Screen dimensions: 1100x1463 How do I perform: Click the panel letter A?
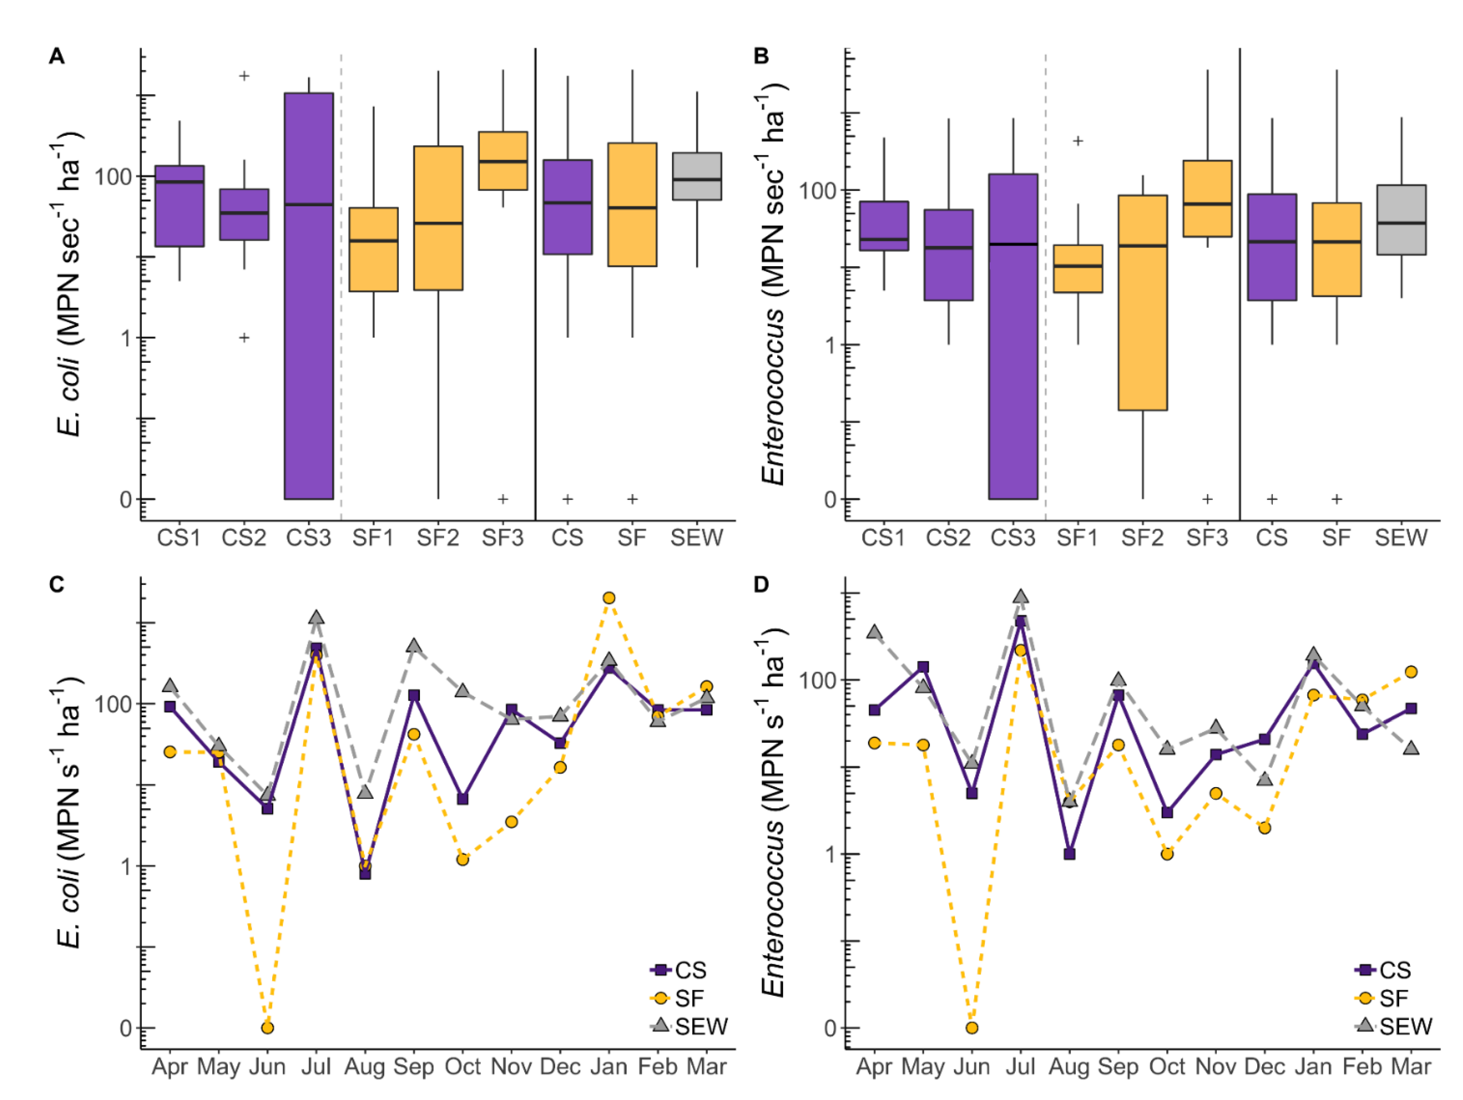[x=57, y=56]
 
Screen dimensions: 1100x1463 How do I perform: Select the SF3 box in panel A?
[x=503, y=161]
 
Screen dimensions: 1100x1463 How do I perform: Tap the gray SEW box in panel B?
[x=1401, y=220]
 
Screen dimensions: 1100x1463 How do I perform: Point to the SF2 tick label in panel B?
[x=1142, y=538]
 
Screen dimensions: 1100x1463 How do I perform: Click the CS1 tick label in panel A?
[x=179, y=538]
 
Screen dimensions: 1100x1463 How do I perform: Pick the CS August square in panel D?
[x=1070, y=854]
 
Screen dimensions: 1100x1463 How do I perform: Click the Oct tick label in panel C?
[x=462, y=1067]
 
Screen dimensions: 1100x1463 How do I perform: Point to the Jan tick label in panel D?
[x=1313, y=1067]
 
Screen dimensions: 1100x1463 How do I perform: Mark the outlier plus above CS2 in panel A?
[x=244, y=76]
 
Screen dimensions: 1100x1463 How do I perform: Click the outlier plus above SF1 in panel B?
[x=1078, y=141]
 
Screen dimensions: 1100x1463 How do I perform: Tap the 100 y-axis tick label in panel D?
[x=819, y=680]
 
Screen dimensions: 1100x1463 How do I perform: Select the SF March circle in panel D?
[x=1411, y=672]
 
